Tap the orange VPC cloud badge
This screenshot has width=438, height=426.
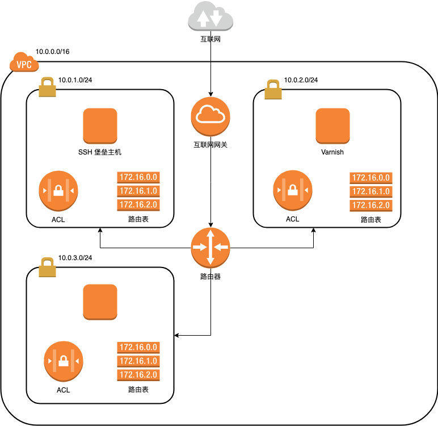coord(24,63)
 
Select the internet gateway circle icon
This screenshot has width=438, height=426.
coord(210,116)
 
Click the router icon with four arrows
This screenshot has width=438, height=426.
coord(210,248)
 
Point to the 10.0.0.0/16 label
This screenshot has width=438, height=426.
coord(53,51)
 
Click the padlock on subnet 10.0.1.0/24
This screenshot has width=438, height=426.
coord(47,88)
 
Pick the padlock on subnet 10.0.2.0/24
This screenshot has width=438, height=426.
coord(273,88)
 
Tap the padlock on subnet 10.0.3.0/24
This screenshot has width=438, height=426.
coord(47,266)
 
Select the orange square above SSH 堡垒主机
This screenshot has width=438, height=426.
coord(100,126)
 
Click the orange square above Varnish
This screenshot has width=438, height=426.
coord(332,126)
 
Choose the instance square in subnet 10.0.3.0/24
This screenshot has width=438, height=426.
coord(100,302)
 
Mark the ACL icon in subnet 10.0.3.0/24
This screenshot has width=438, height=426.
coord(63,362)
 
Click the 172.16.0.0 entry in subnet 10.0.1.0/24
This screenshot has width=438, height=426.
coord(137,178)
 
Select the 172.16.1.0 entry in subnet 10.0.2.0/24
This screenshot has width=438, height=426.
coord(372,191)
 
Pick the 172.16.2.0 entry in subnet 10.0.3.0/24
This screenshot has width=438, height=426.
coord(137,375)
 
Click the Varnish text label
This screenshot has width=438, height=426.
coord(332,152)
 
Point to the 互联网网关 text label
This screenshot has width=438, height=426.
coord(210,145)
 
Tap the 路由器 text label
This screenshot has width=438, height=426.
coord(210,277)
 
